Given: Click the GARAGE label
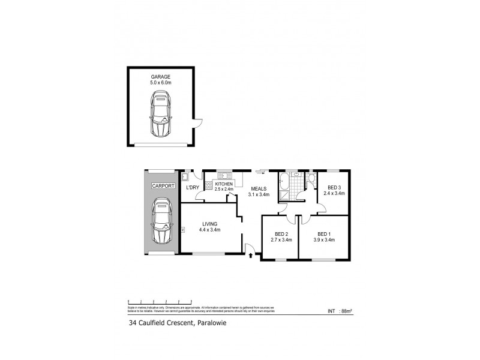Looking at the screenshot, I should [161, 77].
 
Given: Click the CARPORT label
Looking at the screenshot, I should [162, 186].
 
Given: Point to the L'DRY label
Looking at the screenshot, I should [193, 188].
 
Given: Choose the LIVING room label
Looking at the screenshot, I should [210, 224].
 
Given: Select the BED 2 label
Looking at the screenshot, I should [281, 234].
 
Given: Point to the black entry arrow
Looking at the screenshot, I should [250, 256].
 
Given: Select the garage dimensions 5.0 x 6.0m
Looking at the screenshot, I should [161, 83].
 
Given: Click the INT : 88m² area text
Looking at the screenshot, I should [339, 311].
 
